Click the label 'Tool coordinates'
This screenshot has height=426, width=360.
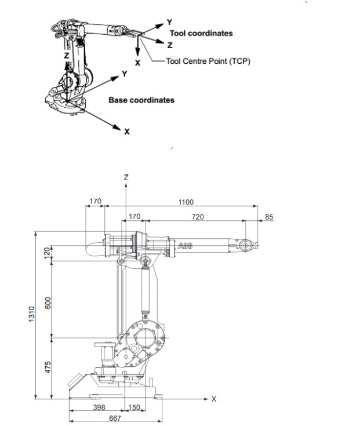(x=201, y=33)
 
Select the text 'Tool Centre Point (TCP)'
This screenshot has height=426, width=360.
(x=208, y=61)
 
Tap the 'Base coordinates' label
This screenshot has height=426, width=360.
(x=141, y=100)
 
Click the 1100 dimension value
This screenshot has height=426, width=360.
(x=186, y=202)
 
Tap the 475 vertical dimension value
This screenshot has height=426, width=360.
(x=49, y=367)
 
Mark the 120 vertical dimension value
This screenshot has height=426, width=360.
(x=49, y=254)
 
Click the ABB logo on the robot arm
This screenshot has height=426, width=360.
(x=185, y=246)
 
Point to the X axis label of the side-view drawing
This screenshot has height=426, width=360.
(x=213, y=399)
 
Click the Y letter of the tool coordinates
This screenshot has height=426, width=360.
(x=169, y=21)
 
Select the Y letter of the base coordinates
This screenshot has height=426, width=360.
(x=124, y=74)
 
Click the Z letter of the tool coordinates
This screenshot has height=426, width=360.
(x=169, y=44)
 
